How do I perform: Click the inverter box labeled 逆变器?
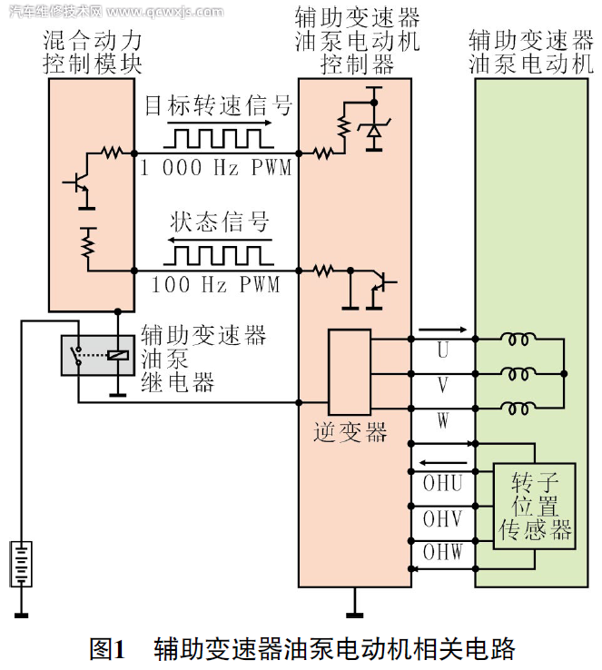click(x=349, y=372)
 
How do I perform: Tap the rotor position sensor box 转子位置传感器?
click(x=535, y=506)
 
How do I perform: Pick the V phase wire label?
click(x=442, y=385)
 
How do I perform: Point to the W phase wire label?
click(x=442, y=420)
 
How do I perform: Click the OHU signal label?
click(x=442, y=483)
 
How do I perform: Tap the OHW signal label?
click(x=442, y=552)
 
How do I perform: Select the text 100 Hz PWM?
click(x=216, y=284)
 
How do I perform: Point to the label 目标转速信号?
click(x=218, y=106)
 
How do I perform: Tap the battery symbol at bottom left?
click(x=20, y=564)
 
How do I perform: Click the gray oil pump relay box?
click(x=97, y=355)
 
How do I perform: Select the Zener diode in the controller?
click(x=373, y=131)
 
